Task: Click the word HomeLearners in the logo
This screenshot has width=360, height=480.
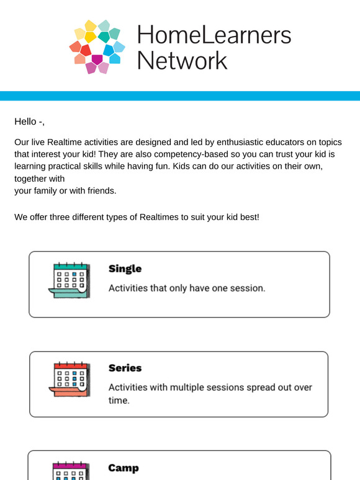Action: click(214, 35)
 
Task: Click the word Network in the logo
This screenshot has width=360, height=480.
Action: click(182, 61)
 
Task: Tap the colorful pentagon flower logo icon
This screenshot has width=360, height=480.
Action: click(97, 47)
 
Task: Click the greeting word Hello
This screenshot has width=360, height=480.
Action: click(26, 122)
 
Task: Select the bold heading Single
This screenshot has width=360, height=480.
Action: click(125, 269)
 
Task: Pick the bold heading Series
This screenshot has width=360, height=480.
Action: click(125, 368)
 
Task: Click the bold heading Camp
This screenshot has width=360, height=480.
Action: click(124, 468)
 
